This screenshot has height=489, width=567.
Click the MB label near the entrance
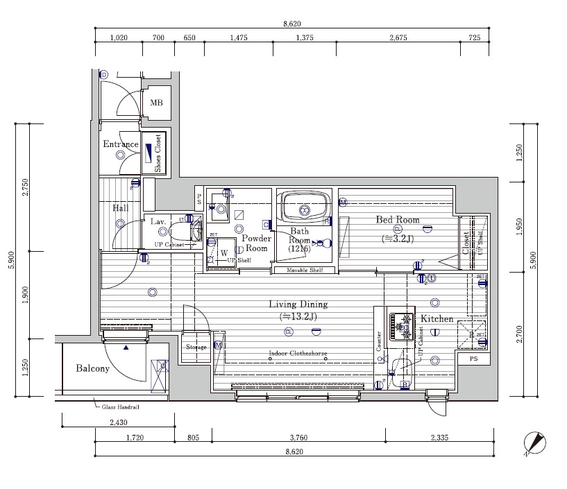click(x=156, y=103)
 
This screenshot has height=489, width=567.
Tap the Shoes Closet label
click(x=158, y=153)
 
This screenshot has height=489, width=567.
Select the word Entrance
click(x=121, y=144)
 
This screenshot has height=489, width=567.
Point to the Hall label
click(x=120, y=207)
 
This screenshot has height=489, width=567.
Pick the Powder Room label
click(x=256, y=243)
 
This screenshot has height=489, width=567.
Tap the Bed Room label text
click(x=398, y=220)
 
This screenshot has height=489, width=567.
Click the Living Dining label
click(x=298, y=304)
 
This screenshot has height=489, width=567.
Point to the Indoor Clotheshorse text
click(x=298, y=354)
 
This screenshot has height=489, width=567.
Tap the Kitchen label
click(x=437, y=319)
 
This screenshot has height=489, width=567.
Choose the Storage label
click(x=196, y=347)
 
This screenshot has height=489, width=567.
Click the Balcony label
click(x=93, y=368)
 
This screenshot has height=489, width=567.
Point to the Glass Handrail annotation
click(x=121, y=407)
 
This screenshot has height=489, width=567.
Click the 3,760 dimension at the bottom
click(x=298, y=437)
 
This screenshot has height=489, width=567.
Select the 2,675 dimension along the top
click(x=398, y=38)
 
